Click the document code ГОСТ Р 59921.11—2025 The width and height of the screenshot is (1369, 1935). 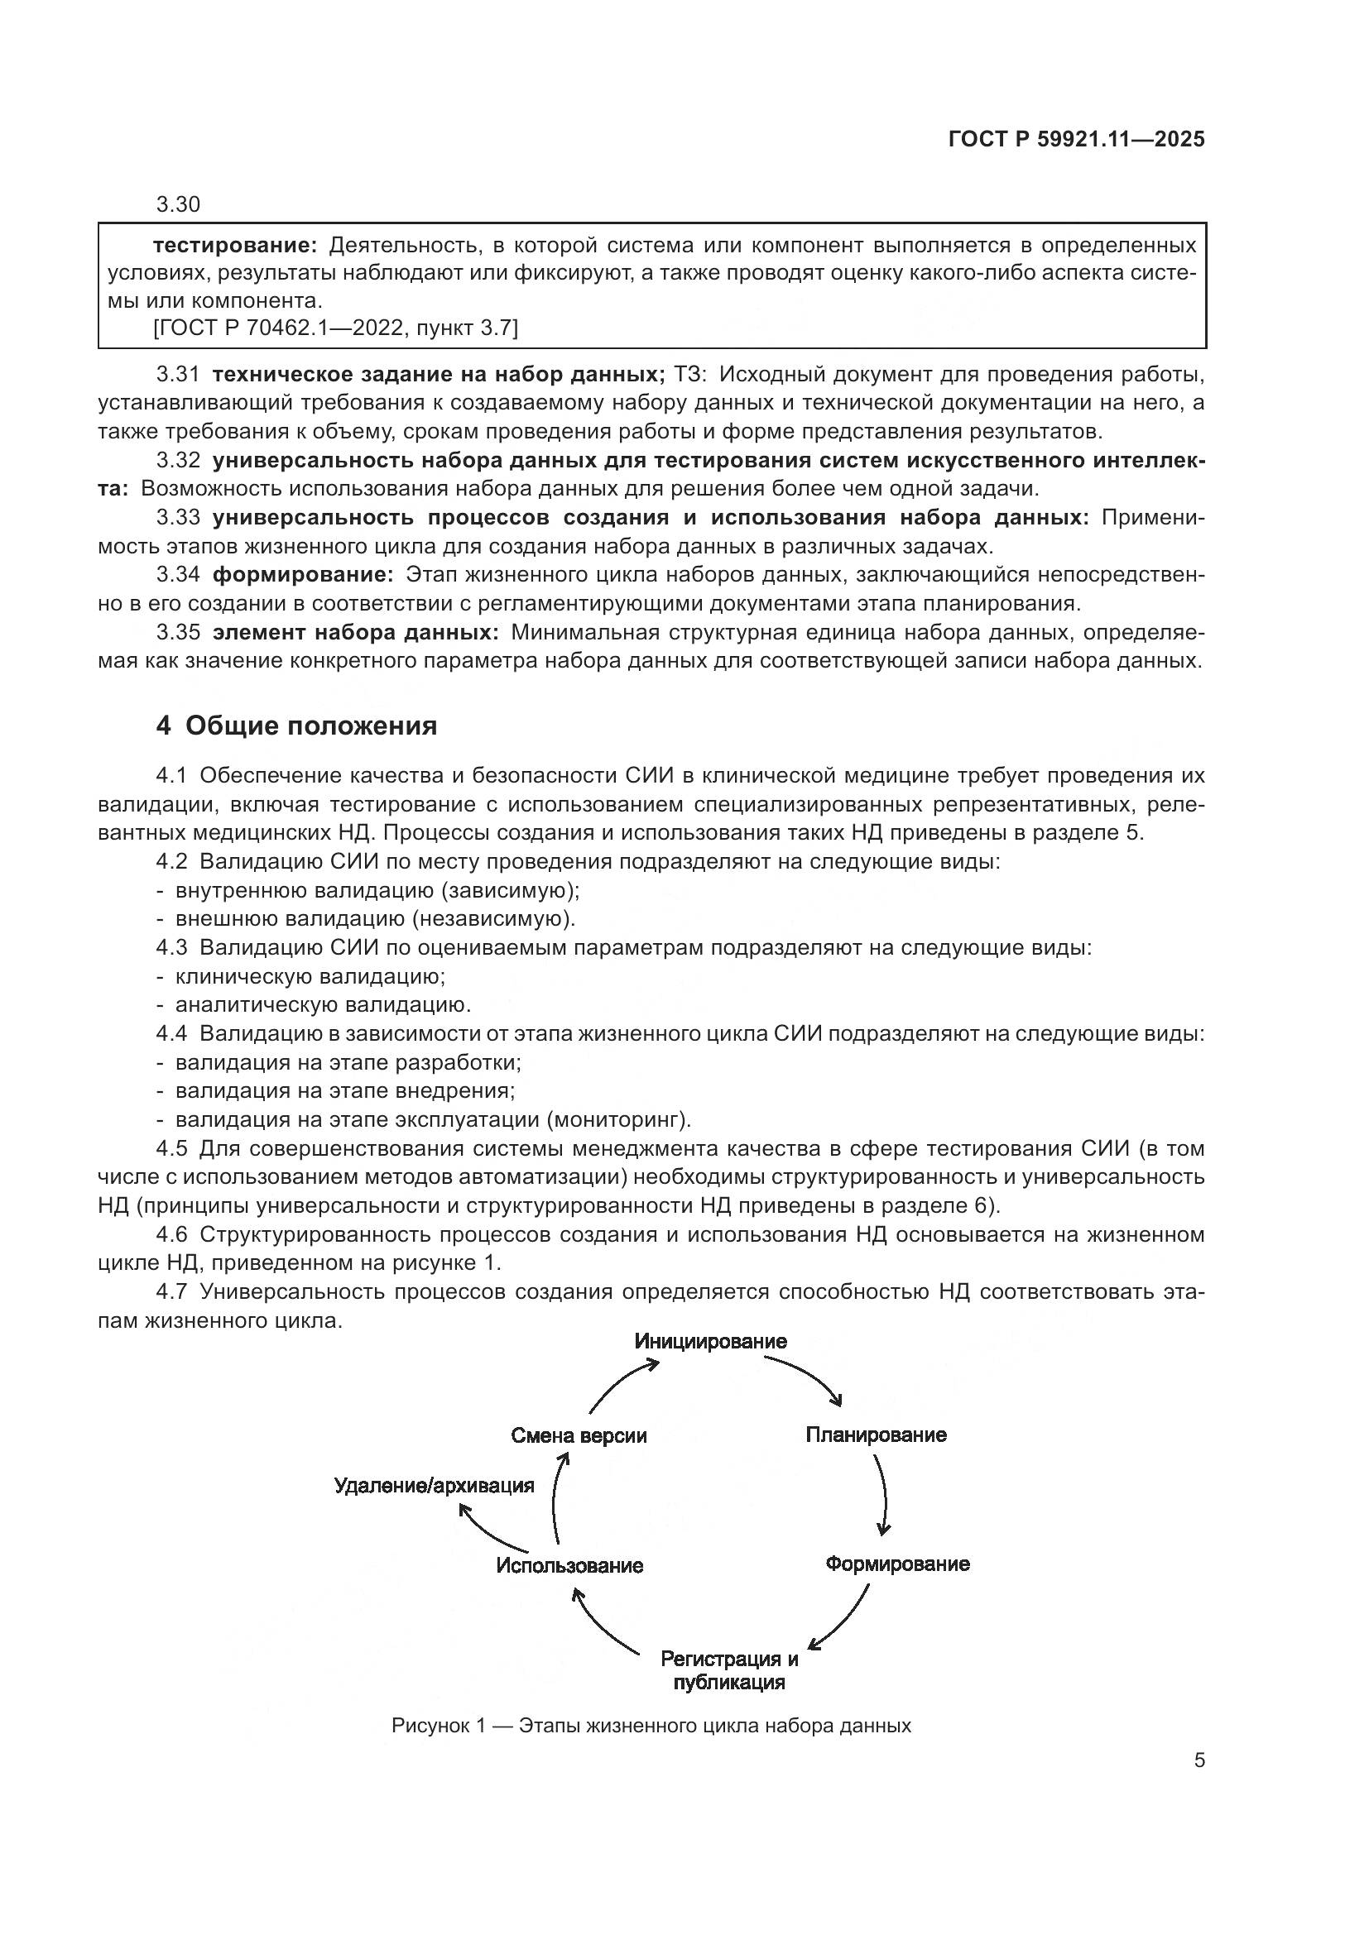tap(1076, 139)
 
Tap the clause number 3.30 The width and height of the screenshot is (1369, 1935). tap(178, 205)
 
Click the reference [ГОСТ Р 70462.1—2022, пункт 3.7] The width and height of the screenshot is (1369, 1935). tap(335, 328)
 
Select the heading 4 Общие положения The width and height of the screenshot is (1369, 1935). tap(297, 726)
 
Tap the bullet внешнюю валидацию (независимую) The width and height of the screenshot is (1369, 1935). tap(374, 918)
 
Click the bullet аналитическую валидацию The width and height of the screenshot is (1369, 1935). tap(323, 1004)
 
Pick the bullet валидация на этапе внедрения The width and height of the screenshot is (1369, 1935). tap(345, 1090)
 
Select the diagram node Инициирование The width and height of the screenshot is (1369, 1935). tap(710, 1341)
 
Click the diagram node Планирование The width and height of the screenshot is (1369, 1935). tap(875, 1434)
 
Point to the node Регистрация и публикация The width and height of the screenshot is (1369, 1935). tap(728, 1670)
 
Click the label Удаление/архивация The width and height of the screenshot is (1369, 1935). tap(435, 1485)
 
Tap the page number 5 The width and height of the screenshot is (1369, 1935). tap(1198, 1760)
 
